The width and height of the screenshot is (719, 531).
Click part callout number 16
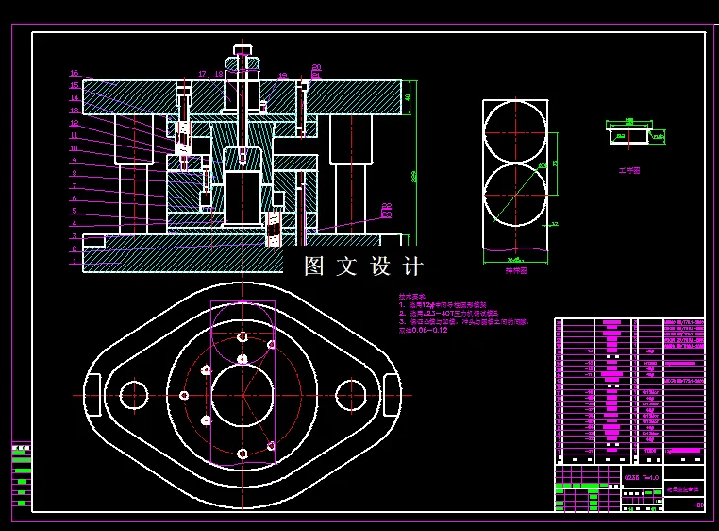74,73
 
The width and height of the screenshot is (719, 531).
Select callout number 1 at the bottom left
74,261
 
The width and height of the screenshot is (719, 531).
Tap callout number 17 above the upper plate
202,73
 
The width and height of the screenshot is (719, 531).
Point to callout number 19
282,76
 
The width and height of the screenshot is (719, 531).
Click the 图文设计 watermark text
364,266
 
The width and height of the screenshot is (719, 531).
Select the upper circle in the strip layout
515,131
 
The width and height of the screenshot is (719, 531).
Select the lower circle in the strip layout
515,195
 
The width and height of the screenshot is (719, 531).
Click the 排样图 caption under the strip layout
515,270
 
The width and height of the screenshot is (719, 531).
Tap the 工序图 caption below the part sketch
629,171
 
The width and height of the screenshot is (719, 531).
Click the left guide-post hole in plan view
133,394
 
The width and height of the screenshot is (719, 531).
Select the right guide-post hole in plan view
351,394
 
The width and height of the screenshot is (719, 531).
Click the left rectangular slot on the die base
93,395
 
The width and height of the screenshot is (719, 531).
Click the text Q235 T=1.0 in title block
642,478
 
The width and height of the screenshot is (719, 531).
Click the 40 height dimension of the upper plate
408,96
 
